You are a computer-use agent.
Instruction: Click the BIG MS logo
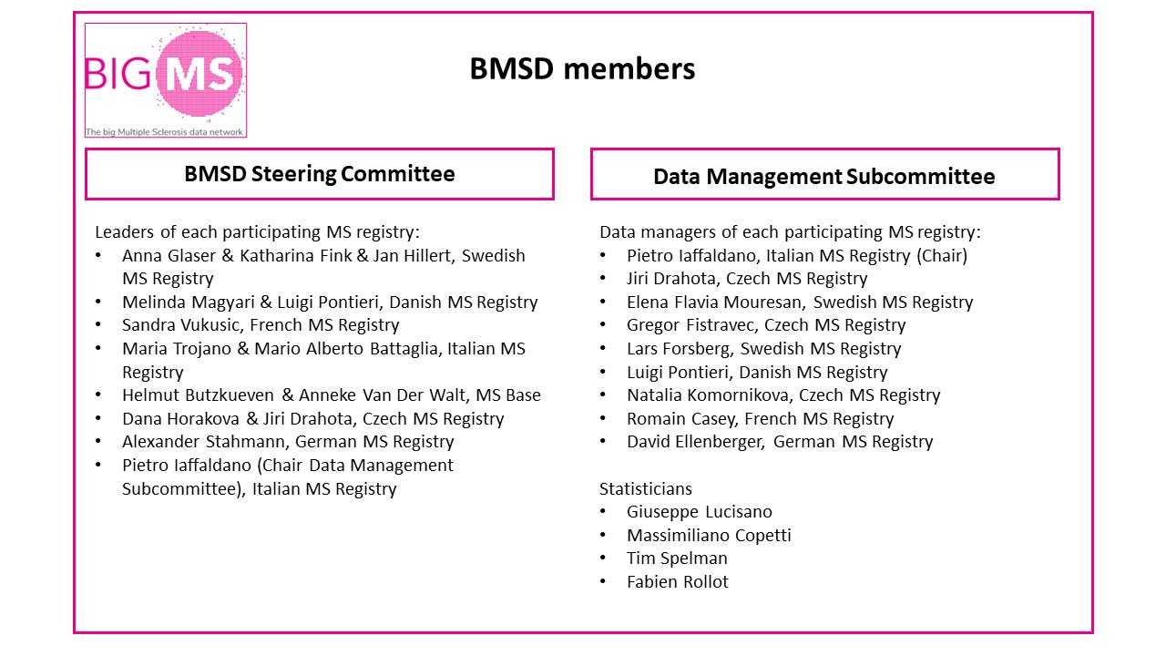coord(165,80)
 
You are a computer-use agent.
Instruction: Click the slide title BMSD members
coord(582,69)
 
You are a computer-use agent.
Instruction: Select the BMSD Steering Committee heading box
coord(319,174)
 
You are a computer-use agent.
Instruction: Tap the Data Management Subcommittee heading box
coord(824,175)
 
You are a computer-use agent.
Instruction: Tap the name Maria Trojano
coord(174,349)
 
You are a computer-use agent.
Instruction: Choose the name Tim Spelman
coord(677,559)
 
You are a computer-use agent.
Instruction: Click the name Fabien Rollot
coord(678,582)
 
